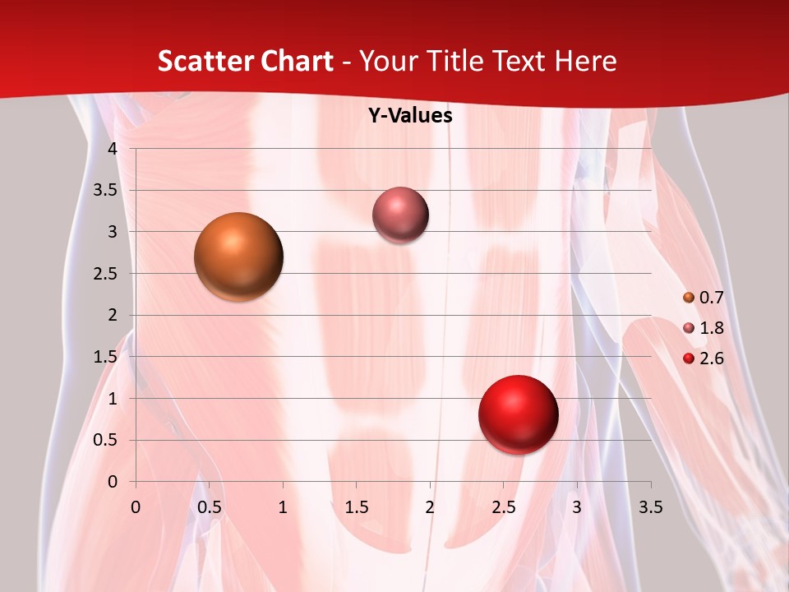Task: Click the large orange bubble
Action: [x=239, y=257]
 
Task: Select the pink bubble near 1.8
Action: [x=400, y=215]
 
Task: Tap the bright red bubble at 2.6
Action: [x=519, y=415]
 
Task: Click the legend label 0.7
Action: [x=711, y=298]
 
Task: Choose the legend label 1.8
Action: [x=711, y=328]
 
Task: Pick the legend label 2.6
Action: [x=711, y=358]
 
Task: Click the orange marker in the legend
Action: [x=689, y=298]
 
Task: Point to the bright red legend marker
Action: [x=689, y=358]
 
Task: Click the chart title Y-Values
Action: [x=410, y=116]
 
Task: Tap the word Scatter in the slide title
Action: [x=201, y=61]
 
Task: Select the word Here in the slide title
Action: [x=585, y=61]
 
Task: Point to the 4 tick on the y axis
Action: [x=113, y=149]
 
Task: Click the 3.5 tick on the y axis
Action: [x=107, y=190]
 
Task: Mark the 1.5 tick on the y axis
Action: [x=107, y=357]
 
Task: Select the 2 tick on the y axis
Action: [x=113, y=315]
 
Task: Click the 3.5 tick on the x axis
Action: [x=650, y=507]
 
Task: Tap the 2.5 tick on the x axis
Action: [x=503, y=507]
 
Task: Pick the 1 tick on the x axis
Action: [x=283, y=507]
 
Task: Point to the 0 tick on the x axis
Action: [x=136, y=507]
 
